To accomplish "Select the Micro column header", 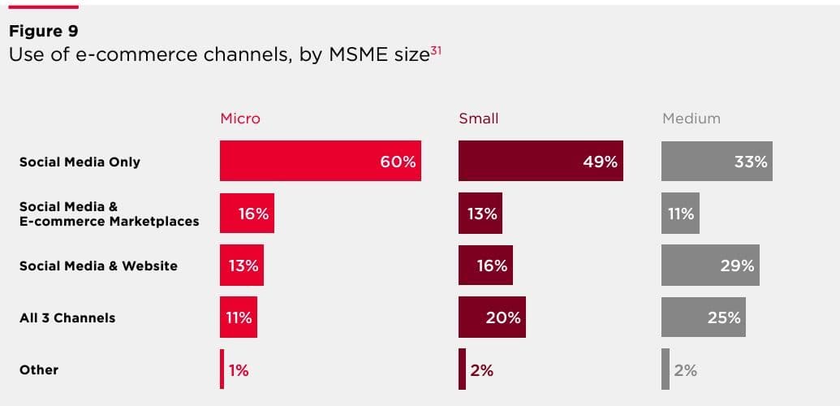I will pos(240,119).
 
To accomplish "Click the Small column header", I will pos(479,119).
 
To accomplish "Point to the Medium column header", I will pos(691,119).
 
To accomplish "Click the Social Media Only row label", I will pos(80,162).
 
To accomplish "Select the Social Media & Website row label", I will pos(98,266).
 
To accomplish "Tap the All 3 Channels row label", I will pos(67,317).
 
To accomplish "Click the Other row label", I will pos(39,369).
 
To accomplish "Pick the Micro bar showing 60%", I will pos(320,161).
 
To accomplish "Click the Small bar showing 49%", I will pos(541,161).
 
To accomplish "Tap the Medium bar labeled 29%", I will pos(710,266).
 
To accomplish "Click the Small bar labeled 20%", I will pos(492,317).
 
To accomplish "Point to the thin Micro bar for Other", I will pos(222,369).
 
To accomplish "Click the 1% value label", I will pos(239,370).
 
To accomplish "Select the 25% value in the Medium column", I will pos(724,317).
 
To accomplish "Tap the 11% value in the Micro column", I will pos(239,317).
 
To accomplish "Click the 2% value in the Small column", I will pos(481,370).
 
